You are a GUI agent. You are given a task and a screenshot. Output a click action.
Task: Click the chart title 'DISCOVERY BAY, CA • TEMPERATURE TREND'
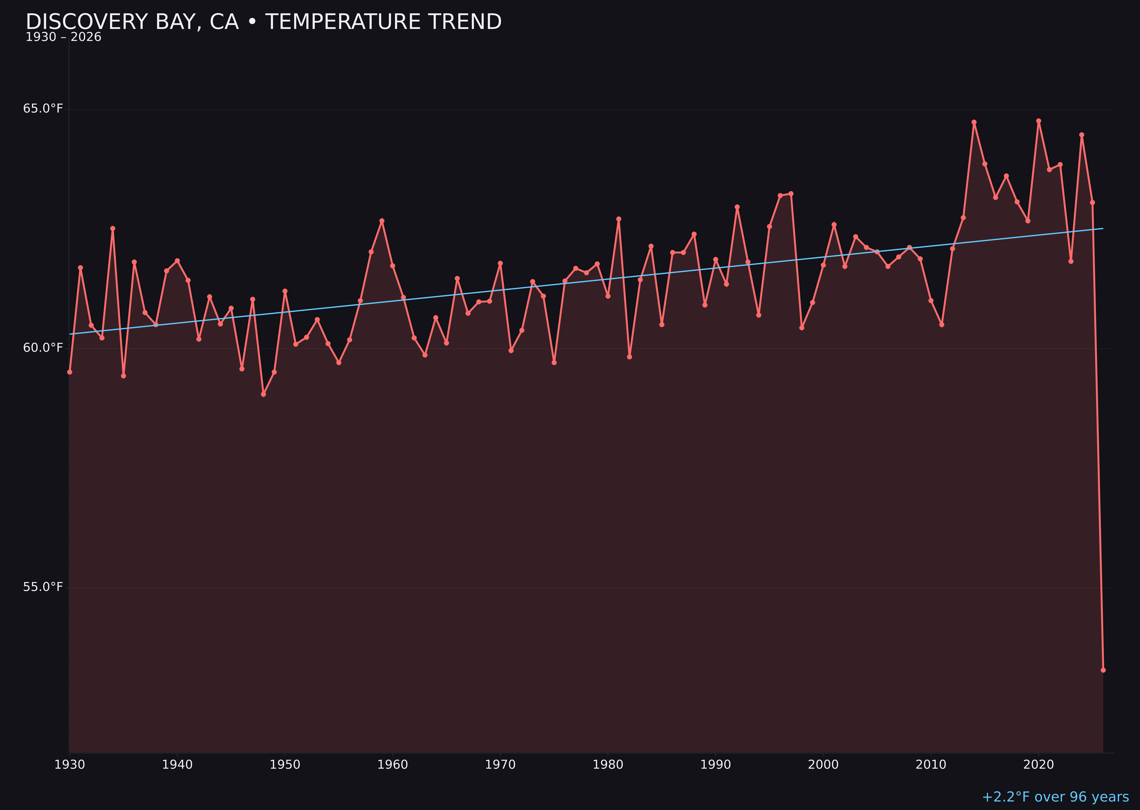pyautogui.click(x=264, y=22)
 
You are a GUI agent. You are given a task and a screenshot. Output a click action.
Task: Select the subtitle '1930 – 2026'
pyautogui.click(x=63, y=37)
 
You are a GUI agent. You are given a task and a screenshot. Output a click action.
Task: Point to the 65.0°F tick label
pyautogui.click(x=43, y=109)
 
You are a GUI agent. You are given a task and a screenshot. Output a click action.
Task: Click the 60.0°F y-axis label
pyautogui.click(x=43, y=348)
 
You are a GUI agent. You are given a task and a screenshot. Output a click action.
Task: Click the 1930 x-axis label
pyautogui.click(x=69, y=765)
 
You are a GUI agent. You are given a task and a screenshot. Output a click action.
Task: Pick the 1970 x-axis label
pyautogui.click(x=500, y=765)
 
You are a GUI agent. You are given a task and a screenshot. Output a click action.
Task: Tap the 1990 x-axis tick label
pyautogui.click(x=716, y=765)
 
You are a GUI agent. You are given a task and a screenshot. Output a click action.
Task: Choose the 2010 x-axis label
pyautogui.click(x=931, y=765)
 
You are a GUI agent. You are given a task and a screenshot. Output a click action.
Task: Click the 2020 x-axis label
pyautogui.click(x=1039, y=765)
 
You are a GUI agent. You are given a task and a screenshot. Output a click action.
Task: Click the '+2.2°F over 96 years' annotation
pyautogui.click(x=1055, y=797)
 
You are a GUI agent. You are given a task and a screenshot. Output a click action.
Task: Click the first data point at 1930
pyautogui.click(x=69, y=372)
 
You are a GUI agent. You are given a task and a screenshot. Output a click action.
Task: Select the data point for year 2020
pyautogui.click(x=1039, y=121)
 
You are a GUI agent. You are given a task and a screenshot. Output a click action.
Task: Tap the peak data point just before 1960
pyautogui.click(x=382, y=220)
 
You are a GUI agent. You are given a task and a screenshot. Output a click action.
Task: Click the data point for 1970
pyautogui.click(x=500, y=263)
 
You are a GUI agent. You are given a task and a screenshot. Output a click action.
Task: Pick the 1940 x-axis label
pyautogui.click(x=177, y=765)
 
